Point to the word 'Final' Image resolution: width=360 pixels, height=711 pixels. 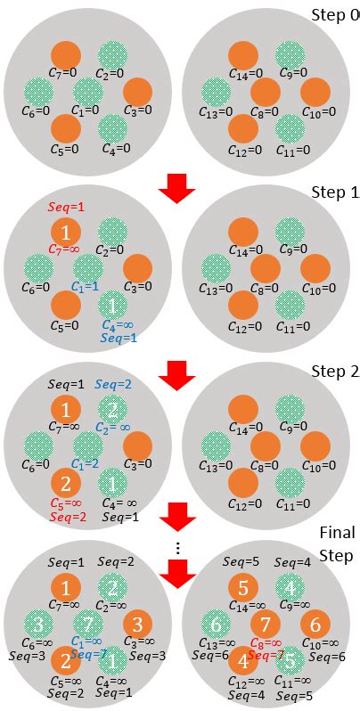click(337, 533)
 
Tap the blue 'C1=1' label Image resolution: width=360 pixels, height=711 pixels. click(86, 286)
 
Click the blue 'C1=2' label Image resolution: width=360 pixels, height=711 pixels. click(86, 464)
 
